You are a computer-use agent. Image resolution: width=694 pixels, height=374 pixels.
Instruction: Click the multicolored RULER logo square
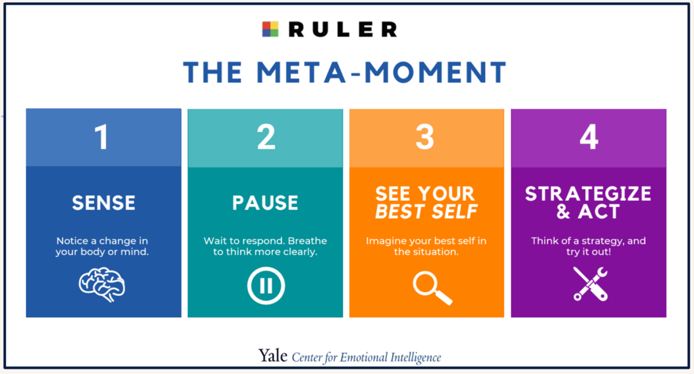(x=270, y=29)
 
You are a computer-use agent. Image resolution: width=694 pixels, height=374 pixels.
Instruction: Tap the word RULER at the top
(x=343, y=29)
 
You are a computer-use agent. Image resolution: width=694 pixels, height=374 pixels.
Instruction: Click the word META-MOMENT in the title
(x=382, y=72)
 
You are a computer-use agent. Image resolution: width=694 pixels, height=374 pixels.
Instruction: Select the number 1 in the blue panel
(x=102, y=138)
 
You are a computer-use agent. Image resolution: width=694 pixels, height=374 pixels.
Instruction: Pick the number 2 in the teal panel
(x=266, y=138)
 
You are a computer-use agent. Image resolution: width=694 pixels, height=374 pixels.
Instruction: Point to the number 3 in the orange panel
(x=425, y=138)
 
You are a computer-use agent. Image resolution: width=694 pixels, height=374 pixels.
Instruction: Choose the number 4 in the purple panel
(x=588, y=138)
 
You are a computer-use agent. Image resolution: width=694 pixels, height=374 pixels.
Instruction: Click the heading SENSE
(x=104, y=203)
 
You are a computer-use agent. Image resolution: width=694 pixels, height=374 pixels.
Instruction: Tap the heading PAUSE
(x=265, y=203)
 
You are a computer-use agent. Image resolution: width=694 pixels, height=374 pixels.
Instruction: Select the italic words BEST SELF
(x=426, y=212)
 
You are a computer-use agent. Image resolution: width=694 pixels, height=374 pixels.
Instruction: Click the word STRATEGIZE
(x=588, y=194)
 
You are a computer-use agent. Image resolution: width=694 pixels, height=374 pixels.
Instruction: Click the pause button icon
(x=266, y=286)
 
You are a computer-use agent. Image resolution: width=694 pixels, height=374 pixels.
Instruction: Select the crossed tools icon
(x=590, y=284)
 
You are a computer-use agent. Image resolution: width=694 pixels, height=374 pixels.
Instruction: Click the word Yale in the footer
(x=272, y=356)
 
